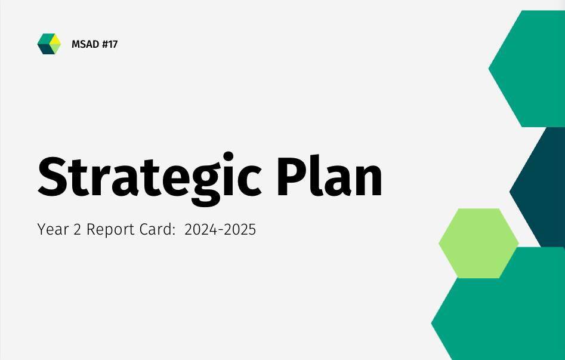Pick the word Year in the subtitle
coord(51,229)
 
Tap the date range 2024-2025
coord(220,229)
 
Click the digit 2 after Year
coord(77,229)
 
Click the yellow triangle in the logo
coord(55,39)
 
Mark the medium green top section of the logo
coord(45,38)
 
